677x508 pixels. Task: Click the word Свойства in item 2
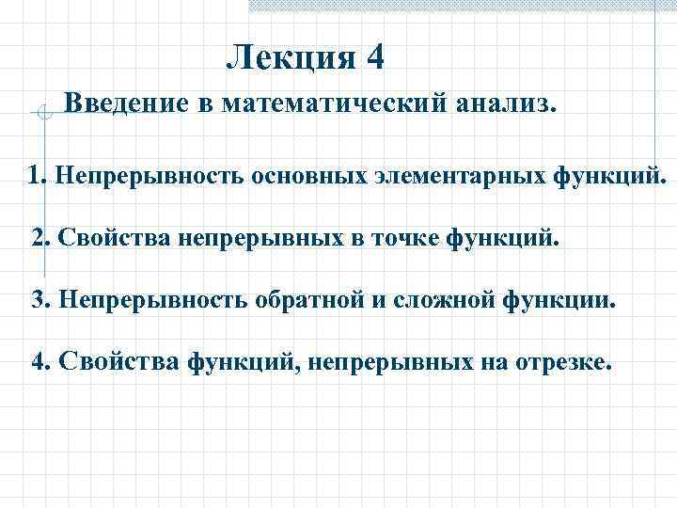click(x=108, y=237)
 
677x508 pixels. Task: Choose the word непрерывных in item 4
click(x=394, y=363)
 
